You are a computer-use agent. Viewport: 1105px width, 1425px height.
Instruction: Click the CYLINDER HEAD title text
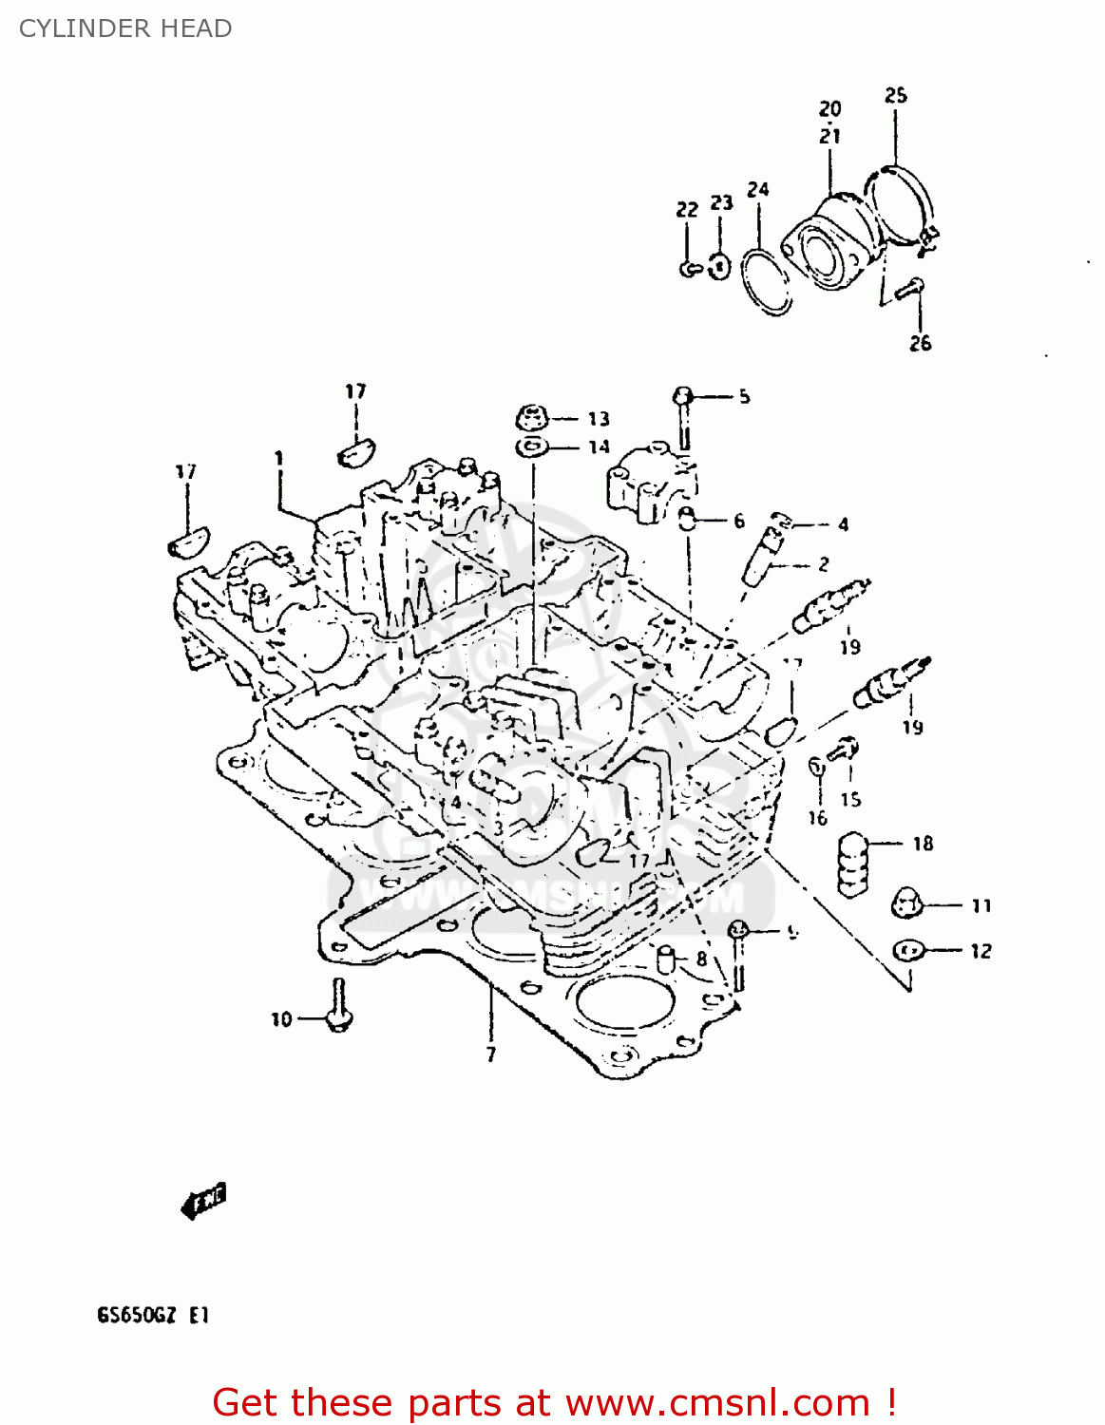[125, 28]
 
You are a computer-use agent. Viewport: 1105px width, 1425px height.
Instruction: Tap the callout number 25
[895, 95]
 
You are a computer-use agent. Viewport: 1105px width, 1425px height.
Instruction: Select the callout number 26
[920, 344]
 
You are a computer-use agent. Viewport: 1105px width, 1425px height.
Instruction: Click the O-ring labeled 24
[767, 281]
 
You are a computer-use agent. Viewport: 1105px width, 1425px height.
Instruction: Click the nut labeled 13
[532, 417]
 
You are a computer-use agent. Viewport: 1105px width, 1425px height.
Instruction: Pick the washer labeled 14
[532, 446]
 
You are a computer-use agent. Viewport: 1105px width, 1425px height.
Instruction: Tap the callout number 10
[281, 1019]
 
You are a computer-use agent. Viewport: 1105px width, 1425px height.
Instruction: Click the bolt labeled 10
[337, 1007]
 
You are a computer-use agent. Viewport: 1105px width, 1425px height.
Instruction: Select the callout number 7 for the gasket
[490, 1054]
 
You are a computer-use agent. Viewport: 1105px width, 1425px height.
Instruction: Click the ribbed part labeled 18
[854, 864]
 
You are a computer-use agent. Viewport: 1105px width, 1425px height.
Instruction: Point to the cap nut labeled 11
[907, 904]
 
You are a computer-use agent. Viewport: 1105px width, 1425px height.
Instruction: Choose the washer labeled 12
[907, 950]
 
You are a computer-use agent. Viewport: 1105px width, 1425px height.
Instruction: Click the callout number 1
[278, 459]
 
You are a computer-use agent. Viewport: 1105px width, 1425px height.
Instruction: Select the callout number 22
[687, 209]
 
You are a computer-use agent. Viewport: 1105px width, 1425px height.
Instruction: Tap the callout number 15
[850, 800]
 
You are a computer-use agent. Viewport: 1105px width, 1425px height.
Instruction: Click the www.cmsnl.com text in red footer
[717, 1402]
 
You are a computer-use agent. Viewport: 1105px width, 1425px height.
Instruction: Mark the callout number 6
[738, 521]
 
